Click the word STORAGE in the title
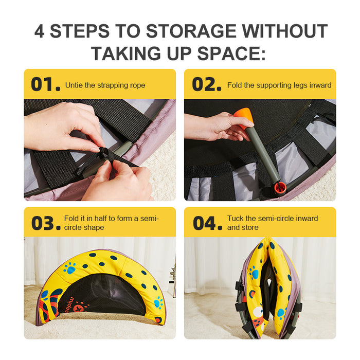tap(191, 31)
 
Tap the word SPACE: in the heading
tap(231, 53)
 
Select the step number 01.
tap(45, 84)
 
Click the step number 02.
tap(207, 84)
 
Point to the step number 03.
tap(46, 223)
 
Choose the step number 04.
tap(208, 223)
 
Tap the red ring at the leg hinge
tap(280, 188)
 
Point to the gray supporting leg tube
tap(262, 156)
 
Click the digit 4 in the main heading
tap(39, 31)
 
